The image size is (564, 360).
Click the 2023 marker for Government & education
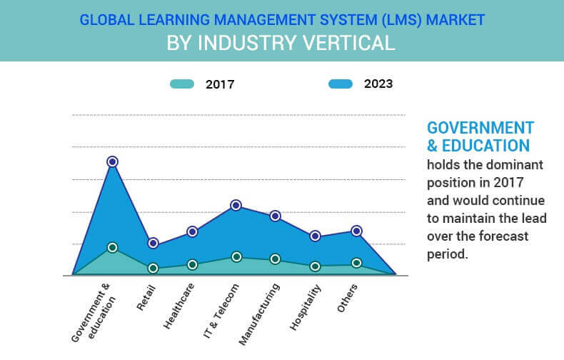[x=112, y=162]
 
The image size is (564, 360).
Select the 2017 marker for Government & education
[x=112, y=247]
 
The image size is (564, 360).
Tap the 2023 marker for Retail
[x=153, y=244]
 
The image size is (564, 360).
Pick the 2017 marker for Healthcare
[x=192, y=264]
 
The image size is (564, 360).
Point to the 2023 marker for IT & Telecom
[x=236, y=206]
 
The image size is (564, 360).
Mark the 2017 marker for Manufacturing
[x=275, y=259]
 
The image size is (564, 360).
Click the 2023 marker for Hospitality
[x=315, y=236]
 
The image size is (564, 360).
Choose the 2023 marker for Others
[x=356, y=231]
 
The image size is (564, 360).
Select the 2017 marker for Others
[x=356, y=263]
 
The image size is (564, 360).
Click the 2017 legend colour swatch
[x=181, y=84]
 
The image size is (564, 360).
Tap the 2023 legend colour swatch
[x=341, y=84]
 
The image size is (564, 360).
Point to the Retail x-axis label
[x=146, y=297]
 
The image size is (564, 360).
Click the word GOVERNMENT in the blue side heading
[x=480, y=128]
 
